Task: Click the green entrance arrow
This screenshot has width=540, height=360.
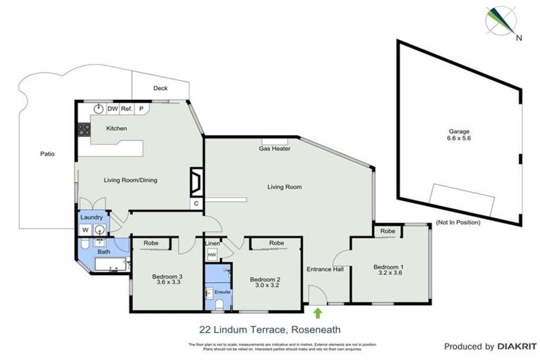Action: [x=317, y=313]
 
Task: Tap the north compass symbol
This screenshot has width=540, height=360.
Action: [x=501, y=21]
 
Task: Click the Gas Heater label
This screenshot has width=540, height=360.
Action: [x=274, y=149]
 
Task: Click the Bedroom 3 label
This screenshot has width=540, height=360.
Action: [x=167, y=280]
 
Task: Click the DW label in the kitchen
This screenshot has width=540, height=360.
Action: [x=112, y=109]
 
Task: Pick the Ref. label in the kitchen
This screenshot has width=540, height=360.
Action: [x=127, y=109]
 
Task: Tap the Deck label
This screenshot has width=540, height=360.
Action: [x=160, y=89]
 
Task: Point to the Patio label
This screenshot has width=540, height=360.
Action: [x=47, y=153]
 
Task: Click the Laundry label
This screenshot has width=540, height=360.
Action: [x=93, y=218]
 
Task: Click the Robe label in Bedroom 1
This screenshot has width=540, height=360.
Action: [x=387, y=231]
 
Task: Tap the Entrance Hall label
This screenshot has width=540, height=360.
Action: [x=324, y=269]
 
